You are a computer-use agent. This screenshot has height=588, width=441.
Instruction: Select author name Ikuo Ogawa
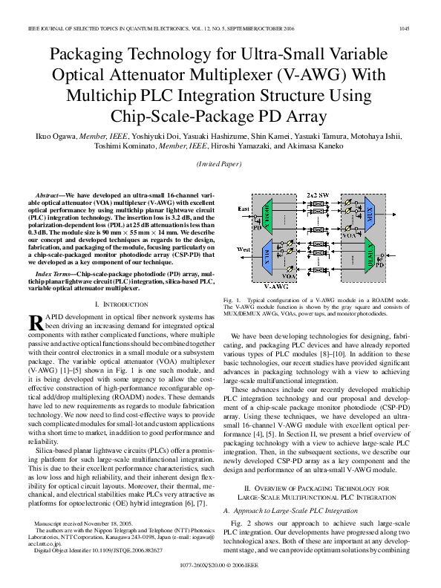click(x=52, y=137)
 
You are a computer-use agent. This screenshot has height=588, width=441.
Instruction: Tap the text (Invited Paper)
click(x=220, y=163)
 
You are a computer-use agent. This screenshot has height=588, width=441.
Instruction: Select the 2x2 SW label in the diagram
click(x=318, y=193)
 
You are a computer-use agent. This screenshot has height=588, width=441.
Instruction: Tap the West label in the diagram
click(x=243, y=251)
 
